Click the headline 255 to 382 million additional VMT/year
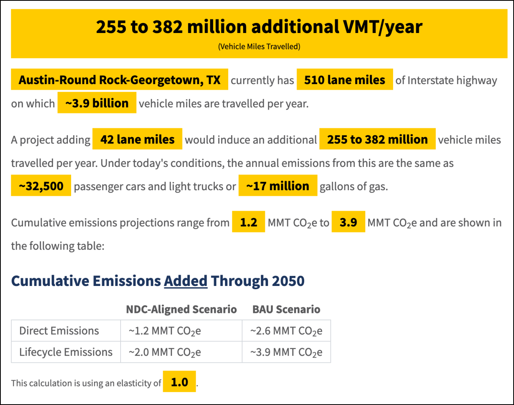pos(259,27)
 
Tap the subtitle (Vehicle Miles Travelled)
pos(259,47)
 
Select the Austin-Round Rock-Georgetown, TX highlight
pos(119,80)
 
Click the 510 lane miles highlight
pos(344,80)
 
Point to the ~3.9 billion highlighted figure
pos(97,103)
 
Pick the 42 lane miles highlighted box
pos(137,139)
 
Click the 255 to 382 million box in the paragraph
pos(377,139)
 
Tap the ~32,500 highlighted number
pos(41,186)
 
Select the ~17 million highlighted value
pos(278,186)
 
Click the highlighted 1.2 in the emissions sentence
pos(248,222)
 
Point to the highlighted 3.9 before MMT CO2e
pos(348,222)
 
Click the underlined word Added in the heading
pos(186,281)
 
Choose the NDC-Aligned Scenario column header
pos(181,309)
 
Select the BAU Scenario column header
pos(286,309)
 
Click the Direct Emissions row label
pos(59,331)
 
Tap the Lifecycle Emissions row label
pos(66,352)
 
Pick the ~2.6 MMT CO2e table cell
pos(286,331)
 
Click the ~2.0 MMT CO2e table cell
pos(165,353)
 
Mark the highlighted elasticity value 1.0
pos(179,382)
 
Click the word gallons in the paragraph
pos(336,187)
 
